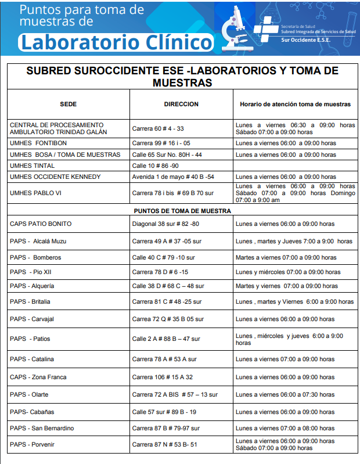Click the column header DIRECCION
pyautogui.click(x=181, y=105)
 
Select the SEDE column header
pyautogui.click(x=68, y=105)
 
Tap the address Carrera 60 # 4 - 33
pyautogui.click(x=157, y=128)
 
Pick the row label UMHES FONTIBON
pyautogui.click(x=38, y=143)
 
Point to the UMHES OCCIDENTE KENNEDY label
pyautogui.click(x=55, y=177)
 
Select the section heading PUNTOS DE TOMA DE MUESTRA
pyautogui.click(x=182, y=211)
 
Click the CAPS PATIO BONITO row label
pyautogui.click(x=41, y=224)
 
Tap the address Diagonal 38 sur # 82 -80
pyautogui.click(x=165, y=224)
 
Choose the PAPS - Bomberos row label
pyautogui.click(x=35, y=257)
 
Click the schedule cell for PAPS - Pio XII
pyautogui.click(x=288, y=272)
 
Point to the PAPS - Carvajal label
pyautogui.click(x=34, y=319)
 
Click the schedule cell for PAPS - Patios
pyautogui.click(x=289, y=339)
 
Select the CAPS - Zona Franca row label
pyautogui.click(x=38, y=377)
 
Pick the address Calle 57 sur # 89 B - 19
pyautogui.click(x=164, y=412)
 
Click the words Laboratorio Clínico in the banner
pyautogui.click(x=116, y=42)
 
